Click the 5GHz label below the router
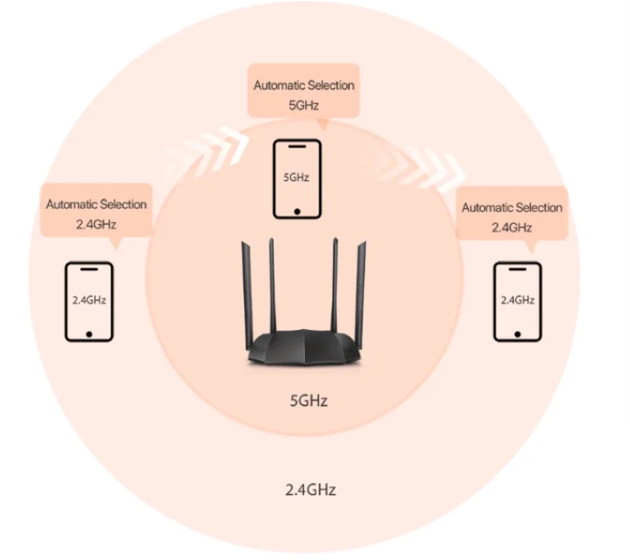tap(308, 400)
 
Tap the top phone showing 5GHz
tap(297, 179)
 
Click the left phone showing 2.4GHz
tap(89, 301)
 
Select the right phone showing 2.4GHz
tap(517, 301)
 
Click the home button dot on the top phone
tap(297, 211)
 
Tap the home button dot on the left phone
tap(89, 332)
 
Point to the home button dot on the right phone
tap(517, 332)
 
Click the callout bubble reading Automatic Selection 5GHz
tap(303, 94)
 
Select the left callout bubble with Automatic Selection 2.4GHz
tap(96, 214)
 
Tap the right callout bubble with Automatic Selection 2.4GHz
tap(512, 216)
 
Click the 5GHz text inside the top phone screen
tap(297, 177)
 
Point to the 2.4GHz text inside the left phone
tap(89, 300)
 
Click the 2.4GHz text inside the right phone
tap(517, 300)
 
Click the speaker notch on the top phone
tap(297, 147)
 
